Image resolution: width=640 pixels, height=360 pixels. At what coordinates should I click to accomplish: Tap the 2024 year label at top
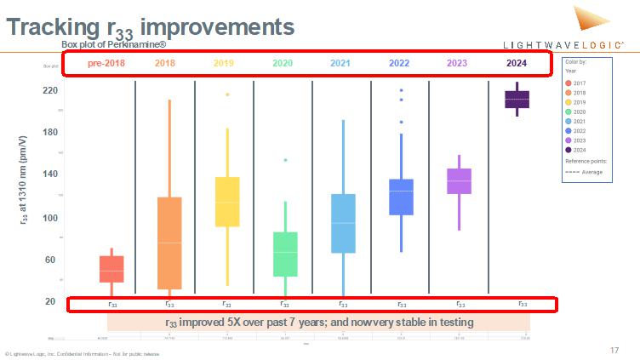[x=516, y=63]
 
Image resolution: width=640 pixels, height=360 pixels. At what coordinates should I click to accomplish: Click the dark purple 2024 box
[x=517, y=99]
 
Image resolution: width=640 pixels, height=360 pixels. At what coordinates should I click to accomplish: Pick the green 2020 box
[x=285, y=254]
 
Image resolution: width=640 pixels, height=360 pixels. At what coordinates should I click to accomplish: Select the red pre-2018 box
[x=111, y=269]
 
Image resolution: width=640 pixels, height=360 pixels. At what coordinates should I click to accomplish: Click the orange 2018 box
[x=169, y=243]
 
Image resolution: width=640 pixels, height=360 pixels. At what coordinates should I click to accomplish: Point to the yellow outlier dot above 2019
[x=227, y=94]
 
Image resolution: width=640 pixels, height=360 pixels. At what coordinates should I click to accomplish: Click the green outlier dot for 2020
[x=285, y=160]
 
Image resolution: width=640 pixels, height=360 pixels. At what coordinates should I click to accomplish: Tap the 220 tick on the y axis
[x=49, y=90]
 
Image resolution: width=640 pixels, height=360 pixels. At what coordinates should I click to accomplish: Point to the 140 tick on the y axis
[x=49, y=174]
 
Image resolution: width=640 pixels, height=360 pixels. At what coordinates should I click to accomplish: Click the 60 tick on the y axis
[x=49, y=260]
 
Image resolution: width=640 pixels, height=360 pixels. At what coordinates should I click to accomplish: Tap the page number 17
[x=614, y=350]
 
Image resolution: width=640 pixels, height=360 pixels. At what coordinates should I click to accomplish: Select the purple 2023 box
[x=459, y=180]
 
